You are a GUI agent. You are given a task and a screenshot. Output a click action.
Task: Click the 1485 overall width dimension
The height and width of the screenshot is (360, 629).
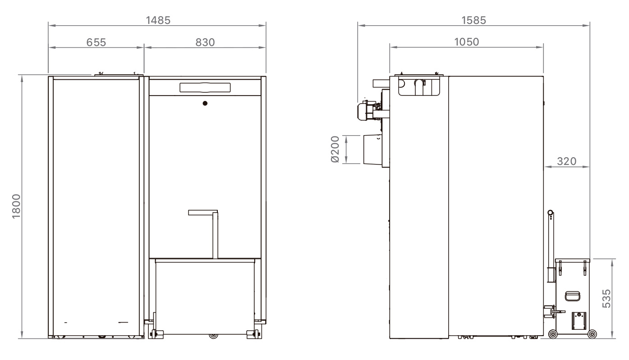point(157,20)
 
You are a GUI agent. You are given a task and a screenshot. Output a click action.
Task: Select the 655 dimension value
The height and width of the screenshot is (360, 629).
point(96,42)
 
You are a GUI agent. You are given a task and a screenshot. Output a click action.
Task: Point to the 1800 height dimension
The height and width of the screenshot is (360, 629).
point(16,207)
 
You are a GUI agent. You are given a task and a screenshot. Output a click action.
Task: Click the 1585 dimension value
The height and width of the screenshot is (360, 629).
point(473,20)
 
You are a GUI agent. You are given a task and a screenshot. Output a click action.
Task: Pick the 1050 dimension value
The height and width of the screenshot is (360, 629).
point(467,42)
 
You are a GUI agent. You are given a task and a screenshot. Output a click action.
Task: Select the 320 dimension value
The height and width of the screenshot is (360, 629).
point(566,161)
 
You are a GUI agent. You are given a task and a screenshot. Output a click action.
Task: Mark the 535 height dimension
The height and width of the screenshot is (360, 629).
point(607,298)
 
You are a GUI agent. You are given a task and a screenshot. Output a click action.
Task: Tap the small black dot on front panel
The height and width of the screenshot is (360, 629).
point(205,103)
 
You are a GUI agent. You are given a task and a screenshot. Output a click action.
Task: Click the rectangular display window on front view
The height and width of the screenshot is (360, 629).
point(205,87)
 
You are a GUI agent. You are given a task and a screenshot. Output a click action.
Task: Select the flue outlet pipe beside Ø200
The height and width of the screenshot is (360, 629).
point(372,149)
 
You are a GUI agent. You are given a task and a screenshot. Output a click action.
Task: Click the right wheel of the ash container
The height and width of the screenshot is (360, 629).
point(592,334)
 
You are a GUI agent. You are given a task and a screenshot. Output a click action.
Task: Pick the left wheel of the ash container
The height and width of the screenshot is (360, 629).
point(552,334)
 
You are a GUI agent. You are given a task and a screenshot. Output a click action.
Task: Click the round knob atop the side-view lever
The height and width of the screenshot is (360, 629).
point(550,212)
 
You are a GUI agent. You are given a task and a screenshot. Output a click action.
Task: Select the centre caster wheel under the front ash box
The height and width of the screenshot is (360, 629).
point(213,336)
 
